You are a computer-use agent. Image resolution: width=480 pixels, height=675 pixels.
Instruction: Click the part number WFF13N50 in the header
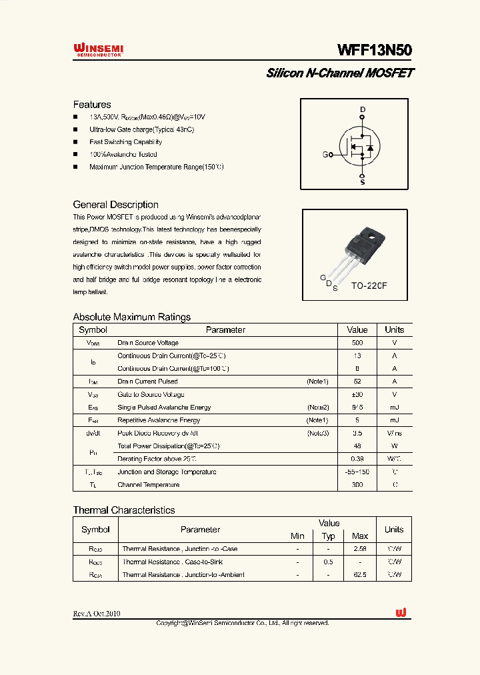tap(375, 50)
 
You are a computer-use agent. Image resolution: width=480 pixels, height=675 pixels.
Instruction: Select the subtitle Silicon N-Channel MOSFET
tap(339, 73)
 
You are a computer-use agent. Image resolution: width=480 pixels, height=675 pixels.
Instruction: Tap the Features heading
tap(92, 105)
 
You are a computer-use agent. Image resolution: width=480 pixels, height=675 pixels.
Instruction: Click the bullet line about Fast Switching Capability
tap(125, 142)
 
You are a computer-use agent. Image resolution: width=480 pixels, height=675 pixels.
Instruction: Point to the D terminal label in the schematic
tap(363, 109)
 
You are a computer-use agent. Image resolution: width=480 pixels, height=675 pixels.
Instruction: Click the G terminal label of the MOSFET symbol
tap(325, 155)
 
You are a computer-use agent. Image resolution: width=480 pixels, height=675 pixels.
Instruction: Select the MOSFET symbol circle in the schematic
tap(359, 147)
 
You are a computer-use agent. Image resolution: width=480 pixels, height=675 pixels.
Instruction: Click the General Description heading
tap(115, 205)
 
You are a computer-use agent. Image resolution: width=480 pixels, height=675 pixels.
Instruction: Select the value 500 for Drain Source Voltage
tap(357, 343)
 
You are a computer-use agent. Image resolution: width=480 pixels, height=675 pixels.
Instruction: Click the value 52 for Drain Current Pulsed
tap(357, 382)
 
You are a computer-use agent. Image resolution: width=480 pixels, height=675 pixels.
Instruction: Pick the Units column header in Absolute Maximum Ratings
tap(394, 329)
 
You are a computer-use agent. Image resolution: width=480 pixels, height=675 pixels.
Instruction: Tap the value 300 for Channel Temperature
tap(357, 485)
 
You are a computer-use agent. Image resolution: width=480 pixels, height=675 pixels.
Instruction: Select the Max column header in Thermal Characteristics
tap(359, 536)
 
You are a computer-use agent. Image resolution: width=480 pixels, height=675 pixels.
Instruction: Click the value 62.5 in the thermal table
tap(359, 574)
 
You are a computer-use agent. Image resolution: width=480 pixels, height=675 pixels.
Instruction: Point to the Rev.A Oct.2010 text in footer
tap(97, 614)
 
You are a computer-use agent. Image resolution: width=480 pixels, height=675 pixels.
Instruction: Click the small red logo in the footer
tap(401, 613)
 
